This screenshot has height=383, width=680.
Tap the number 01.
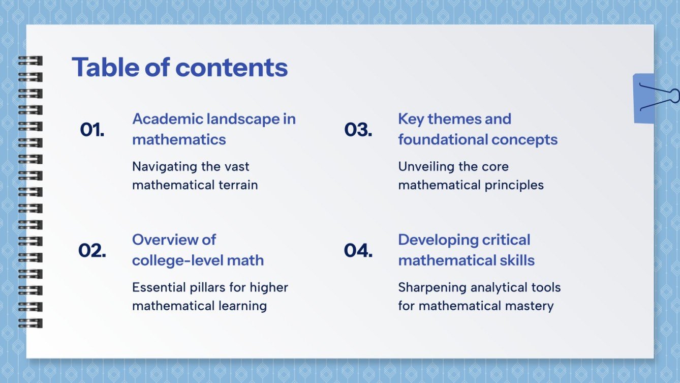tap(92, 130)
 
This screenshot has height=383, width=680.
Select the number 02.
tap(92, 250)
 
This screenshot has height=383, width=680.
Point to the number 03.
tap(358, 130)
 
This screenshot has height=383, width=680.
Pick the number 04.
tap(358, 250)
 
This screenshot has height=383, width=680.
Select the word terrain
tap(238, 185)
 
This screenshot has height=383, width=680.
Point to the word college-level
tap(174, 260)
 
